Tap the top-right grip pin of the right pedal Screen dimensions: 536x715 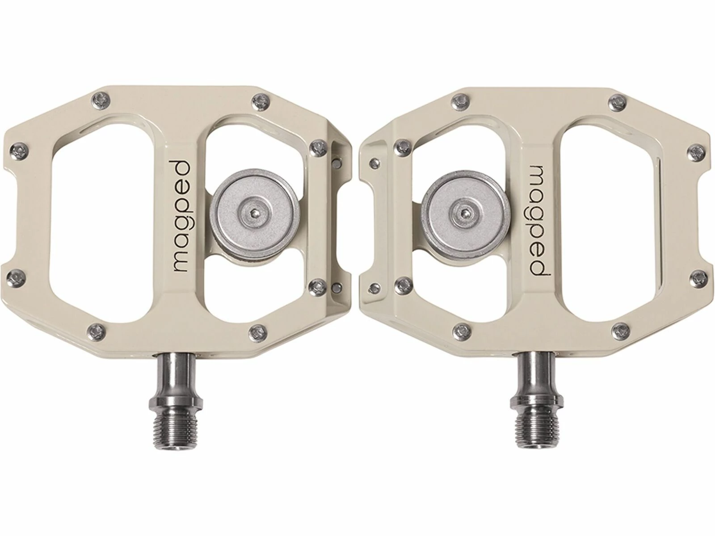click(618, 100)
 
